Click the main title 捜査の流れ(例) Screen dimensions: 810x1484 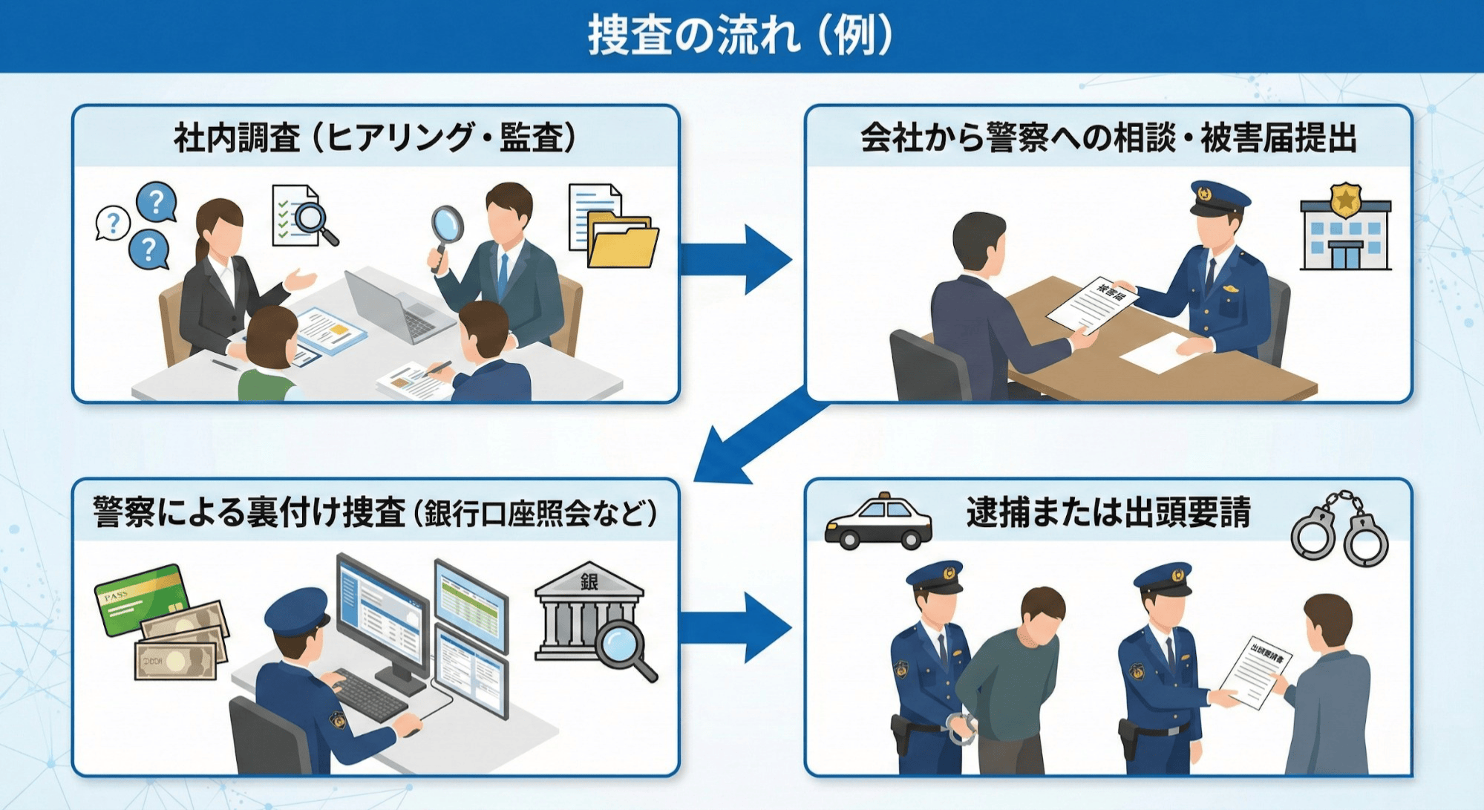click(741, 35)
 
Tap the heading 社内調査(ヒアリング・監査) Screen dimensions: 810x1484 click(375, 137)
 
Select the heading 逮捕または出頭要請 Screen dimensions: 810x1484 click(1108, 512)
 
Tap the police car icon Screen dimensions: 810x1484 click(878, 522)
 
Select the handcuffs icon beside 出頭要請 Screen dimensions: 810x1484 click(1340, 529)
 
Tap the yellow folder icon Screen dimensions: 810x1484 click(622, 241)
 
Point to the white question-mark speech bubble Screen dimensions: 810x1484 click(113, 222)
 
